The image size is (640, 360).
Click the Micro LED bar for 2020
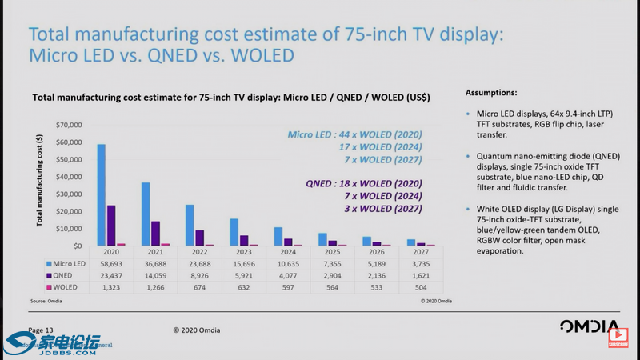101,195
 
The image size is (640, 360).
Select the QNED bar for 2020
111,226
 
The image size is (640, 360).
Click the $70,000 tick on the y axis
68,126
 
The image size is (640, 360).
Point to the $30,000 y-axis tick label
68,194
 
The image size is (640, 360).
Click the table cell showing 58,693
110,263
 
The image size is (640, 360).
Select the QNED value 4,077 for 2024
288,275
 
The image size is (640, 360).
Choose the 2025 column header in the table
333,251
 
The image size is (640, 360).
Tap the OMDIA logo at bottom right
589,328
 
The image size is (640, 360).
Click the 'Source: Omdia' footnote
46,301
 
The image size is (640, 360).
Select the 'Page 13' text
41,330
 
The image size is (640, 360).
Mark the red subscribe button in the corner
618,344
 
